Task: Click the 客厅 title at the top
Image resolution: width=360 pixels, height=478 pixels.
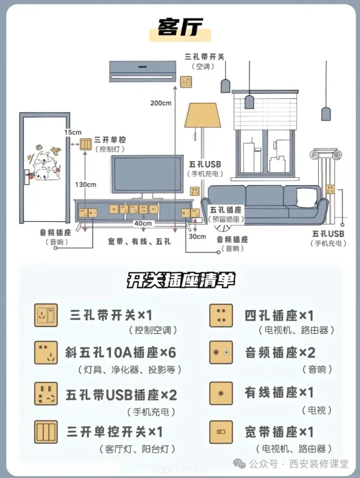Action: pyautogui.click(x=180, y=27)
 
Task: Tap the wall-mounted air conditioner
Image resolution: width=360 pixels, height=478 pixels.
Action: pyautogui.click(x=143, y=71)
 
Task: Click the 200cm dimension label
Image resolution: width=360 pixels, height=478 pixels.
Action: pyautogui.click(x=161, y=103)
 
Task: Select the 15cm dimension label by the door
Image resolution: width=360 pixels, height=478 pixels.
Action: pyautogui.click(x=73, y=132)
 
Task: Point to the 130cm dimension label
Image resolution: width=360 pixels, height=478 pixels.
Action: pyautogui.click(x=86, y=184)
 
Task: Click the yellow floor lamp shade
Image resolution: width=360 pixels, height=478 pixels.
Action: pyautogui.click(x=202, y=115)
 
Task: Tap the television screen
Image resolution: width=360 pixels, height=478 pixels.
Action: pyautogui.click(x=147, y=174)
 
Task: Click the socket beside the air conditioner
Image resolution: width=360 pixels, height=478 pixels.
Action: pyautogui.click(x=186, y=82)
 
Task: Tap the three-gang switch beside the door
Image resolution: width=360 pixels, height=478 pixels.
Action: pyautogui.click(x=86, y=144)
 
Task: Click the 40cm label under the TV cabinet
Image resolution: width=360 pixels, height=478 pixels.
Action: pyautogui.click(x=143, y=223)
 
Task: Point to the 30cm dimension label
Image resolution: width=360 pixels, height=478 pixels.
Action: pyautogui.click(x=197, y=237)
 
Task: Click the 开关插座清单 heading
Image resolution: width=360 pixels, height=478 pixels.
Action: pyautogui.click(x=181, y=279)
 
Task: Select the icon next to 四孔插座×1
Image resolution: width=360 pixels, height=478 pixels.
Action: pyautogui.click(x=221, y=315)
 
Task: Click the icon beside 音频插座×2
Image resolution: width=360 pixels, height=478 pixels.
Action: pyautogui.click(x=221, y=352)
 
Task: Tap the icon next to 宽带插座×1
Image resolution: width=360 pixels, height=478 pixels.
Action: pyautogui.click(x=221, y=432)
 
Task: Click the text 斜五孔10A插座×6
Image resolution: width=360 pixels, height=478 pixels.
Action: pyautogui.click(x=121, y=353)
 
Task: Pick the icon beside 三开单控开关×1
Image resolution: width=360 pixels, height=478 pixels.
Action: pyautogui.click(x=46, y=432)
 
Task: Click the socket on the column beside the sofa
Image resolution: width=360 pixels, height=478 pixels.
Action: pyautogui.click(x=330, y=190)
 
